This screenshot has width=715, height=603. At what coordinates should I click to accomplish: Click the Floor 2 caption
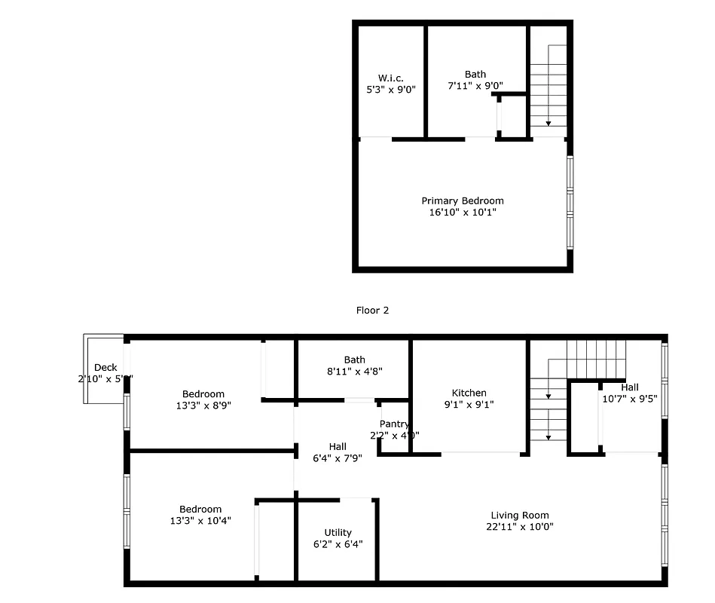pos(372,310)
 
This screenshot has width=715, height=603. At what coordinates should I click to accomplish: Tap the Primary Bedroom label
pos(462,200)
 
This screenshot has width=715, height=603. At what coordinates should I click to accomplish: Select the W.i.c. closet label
pos(390,77)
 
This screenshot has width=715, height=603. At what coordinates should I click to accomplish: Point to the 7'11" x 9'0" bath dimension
pos(475,86)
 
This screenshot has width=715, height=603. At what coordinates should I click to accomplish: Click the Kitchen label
pos(469,393)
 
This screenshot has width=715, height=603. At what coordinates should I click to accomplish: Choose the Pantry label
pos(394,424)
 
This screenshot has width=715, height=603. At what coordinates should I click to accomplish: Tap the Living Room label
pos(519,516)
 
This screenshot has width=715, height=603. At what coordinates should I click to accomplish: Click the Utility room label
pos(338,533)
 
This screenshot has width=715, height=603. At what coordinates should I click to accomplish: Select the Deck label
pos(105,368)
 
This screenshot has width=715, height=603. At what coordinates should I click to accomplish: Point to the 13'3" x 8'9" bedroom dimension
pos(203,406)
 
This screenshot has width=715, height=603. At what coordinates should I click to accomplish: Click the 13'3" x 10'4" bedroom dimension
pos(200,521)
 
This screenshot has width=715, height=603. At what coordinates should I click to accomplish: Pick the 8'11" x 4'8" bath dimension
pos(354,371)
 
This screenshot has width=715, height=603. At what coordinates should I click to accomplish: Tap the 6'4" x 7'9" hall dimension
pos(338,458)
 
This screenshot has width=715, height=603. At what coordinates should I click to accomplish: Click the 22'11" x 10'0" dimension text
pos(519,528)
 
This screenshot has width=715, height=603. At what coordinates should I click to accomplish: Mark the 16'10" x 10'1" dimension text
pos(462,213)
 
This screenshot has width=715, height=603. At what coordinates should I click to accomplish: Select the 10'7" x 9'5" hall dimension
pos(630,399)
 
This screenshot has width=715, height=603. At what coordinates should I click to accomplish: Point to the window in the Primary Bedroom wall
pos(570,202)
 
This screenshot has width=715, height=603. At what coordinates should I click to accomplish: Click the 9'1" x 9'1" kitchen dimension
pos(469,405)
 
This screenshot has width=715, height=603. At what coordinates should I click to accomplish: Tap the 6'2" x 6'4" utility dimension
pos(338,544)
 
